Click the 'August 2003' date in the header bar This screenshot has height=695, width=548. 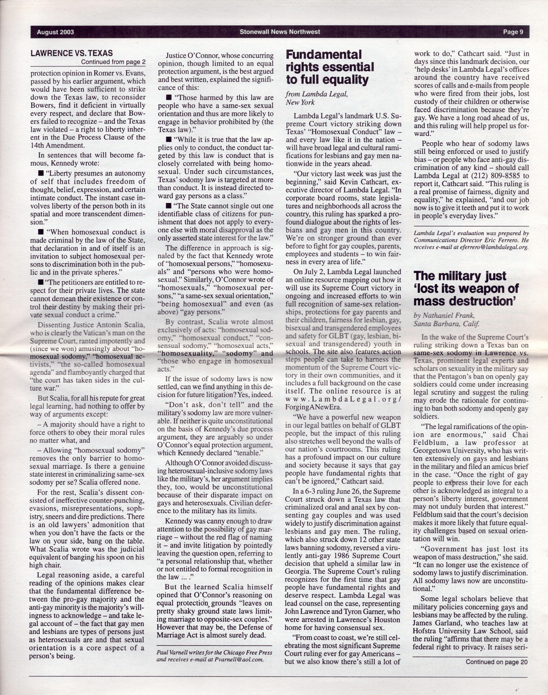click(x=55, y=32)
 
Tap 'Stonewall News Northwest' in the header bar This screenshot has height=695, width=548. click(x=279, y=32)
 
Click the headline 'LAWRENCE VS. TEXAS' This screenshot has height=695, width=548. click(x=71, y=53)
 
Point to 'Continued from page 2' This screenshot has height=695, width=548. click(x=113, y=62)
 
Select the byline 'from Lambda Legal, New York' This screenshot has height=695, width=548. click(x=316, y=98)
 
